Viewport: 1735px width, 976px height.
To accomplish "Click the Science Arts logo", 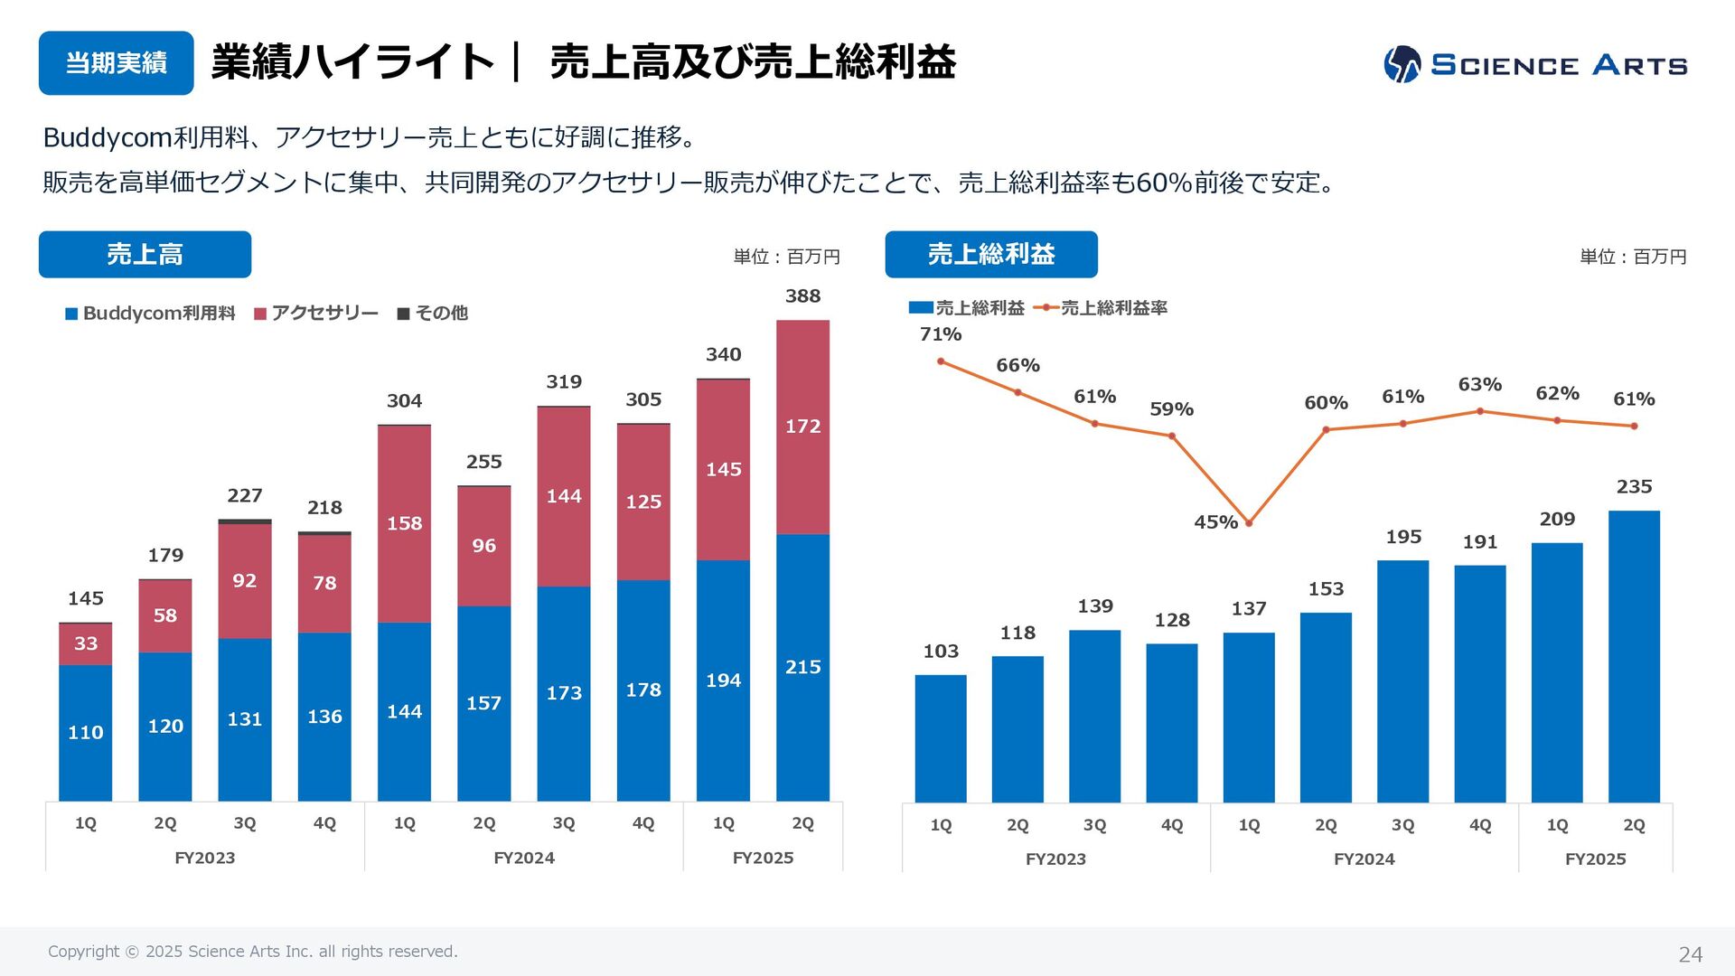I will [x=1534, y=64].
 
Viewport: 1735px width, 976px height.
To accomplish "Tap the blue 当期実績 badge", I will [x=116, y=63].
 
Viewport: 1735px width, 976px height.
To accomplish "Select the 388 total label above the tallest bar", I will [x=802, y=296].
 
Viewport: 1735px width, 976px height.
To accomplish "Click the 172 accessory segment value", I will [x=802, y=426].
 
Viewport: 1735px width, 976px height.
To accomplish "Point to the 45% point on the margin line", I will [x=1249, y=523].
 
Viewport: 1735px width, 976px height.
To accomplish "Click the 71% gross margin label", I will [x=941, y=334].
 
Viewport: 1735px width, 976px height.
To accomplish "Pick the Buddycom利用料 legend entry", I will [x=150, y=314].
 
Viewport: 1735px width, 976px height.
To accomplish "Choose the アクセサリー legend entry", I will [x=316, y=314].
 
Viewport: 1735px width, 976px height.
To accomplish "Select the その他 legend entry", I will [x=433, y=314].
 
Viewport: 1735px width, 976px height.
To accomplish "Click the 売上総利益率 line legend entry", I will [x=1102, y=308].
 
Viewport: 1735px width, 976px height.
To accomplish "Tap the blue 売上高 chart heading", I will [x=145, y=255].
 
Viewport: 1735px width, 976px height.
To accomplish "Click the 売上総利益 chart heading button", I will [x=991, y=255].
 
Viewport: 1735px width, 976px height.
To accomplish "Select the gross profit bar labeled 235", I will [x=1634, y=656].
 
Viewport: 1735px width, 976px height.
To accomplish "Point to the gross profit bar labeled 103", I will [x=941, y=738].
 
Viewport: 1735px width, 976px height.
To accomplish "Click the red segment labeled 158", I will [x=404, y=523].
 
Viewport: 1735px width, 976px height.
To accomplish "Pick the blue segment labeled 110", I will [x=86, y=732].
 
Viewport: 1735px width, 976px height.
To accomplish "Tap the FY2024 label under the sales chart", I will [x=524, y=858].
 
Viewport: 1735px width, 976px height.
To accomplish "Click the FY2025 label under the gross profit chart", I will [x=1595, y=859].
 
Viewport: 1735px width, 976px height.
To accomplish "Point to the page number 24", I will [x=1690, y=954].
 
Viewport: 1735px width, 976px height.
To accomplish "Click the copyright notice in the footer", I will [x=253, y=952].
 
